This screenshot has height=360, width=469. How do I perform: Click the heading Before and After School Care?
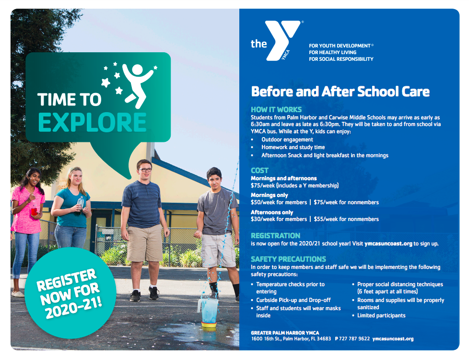(x=340, y=92)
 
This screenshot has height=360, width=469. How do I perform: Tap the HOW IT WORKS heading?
(x=276, y=109)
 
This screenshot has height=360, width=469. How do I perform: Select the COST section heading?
(x=259, y=171)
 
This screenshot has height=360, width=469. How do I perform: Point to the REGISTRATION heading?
(x=275, y=236)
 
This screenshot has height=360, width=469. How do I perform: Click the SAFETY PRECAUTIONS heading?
(x=288, y=259)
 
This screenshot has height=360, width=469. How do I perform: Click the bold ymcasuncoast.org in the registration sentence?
(x=388, y=244)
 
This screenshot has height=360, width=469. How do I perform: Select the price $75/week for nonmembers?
(x=346, y=202)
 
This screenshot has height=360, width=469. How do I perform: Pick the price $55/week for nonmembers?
(x=346, y=219)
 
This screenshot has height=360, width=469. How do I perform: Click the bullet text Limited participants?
(x=381, y=315)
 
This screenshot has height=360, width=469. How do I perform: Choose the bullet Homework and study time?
(x=293, y=147)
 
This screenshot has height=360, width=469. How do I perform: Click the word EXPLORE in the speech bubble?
(x=92, y=123)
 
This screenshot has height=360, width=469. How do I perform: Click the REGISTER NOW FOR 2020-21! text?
(x=69, y=294)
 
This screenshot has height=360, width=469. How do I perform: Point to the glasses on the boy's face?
(x=145, y=170)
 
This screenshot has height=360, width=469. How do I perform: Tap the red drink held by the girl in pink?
(x=34, y=211)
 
